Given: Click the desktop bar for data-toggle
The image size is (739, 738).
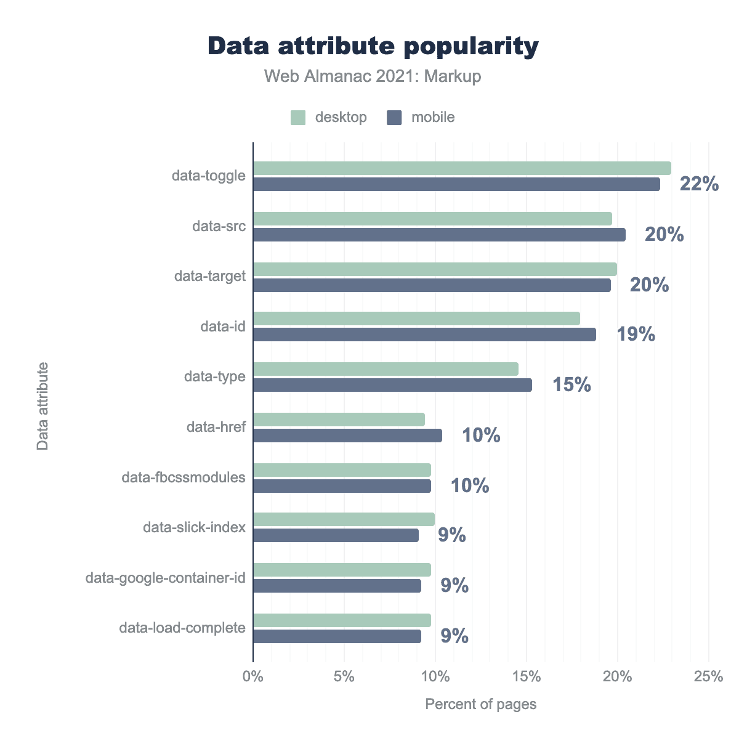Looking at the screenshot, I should point(462,168).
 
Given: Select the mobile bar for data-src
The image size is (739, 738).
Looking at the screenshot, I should point(439,235).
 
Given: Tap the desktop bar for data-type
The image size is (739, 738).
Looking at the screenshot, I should point(386,369).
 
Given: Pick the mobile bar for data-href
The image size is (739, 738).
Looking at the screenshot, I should point(347,436).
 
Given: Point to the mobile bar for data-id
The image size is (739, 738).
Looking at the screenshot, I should point(424,335).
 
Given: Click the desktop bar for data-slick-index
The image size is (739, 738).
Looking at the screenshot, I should point(344,519).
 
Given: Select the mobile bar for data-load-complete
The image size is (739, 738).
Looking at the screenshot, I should point(337,636).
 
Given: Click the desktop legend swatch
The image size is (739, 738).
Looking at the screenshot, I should point(298,118).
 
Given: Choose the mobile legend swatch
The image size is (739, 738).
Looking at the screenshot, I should point(394,118).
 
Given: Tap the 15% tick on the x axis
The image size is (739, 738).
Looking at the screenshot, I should point(527,676).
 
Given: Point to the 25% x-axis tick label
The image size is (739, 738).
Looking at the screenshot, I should point(708,676).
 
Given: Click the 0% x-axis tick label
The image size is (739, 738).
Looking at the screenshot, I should point(253,676).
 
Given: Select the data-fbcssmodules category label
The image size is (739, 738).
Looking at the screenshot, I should point(184,477).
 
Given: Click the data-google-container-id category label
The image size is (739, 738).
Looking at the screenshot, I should point(166,578).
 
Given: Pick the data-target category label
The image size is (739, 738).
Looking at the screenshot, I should point(210,277).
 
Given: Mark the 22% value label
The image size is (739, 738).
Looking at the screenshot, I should point(699,184).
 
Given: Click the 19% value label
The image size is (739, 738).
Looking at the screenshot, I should point(636,335).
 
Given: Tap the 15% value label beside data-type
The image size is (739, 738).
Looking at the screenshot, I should point(571,386).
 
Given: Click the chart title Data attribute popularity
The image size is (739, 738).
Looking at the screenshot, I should point(373,47).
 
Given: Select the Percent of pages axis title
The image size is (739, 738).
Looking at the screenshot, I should point(480,704).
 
